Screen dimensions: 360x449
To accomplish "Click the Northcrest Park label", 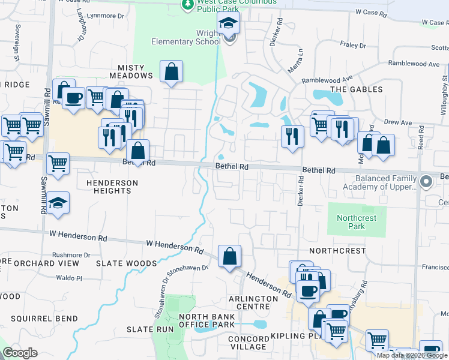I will click(357, 222).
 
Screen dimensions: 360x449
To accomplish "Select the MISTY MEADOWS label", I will click(131, 71).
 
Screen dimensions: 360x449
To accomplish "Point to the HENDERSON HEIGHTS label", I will click(109, 186).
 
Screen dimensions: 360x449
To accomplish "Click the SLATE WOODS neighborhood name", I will click(127, 263).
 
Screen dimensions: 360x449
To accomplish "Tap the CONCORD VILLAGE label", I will click(248, 343).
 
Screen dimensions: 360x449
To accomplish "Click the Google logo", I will click(20, 353).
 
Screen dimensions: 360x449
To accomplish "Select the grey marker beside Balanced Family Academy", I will click(426, 181).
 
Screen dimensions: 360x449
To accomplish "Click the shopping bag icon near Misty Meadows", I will click(172, 72).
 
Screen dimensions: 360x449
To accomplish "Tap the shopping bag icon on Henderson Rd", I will click(229, 257).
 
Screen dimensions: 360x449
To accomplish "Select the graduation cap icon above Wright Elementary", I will click(228, 25).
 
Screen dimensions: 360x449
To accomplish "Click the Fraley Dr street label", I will click(354, 45).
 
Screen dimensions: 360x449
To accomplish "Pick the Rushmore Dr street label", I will click(71, 254).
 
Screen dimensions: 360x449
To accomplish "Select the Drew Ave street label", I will click(398, 122).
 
